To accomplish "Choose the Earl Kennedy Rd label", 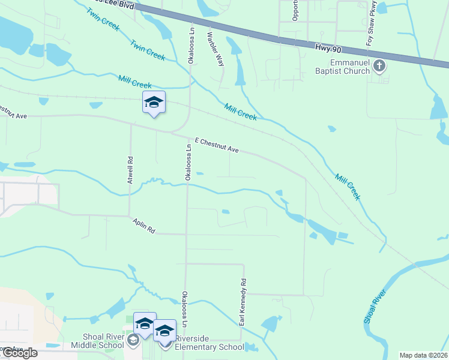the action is point(243,302).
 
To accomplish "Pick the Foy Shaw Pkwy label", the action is point(373,23).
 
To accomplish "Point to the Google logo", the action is point(19,353).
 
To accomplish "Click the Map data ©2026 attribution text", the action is point(423,355).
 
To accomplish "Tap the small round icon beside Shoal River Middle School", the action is point(133,341).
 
